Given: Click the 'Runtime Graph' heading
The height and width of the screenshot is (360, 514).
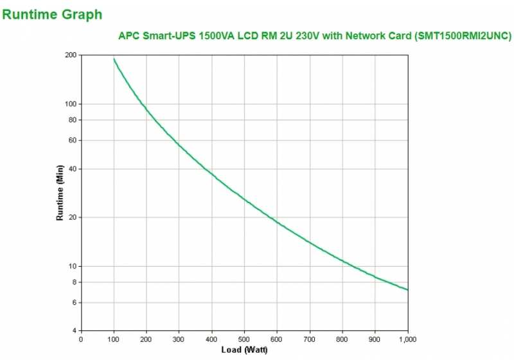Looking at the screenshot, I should click(52, 14).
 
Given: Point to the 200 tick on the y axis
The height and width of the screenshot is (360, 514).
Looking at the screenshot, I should click(71, 55).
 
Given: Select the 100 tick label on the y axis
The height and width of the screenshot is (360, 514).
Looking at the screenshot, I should click(71, 104).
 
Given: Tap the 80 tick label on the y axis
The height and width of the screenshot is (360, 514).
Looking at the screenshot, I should click(73, 120).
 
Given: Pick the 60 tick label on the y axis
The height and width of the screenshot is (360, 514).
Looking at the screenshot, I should click(73, 140).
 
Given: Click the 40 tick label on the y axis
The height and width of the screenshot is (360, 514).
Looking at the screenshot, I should click(73, 169).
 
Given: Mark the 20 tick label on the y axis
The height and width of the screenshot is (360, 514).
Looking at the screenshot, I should click(73, 217).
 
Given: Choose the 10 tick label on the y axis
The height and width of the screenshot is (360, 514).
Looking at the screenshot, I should click(73, 266).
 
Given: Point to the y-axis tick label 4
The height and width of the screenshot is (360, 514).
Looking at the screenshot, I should click(75, 330).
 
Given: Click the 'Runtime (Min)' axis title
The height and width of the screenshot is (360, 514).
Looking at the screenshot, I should click(60, 193).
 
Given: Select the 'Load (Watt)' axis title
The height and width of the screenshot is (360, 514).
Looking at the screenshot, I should click(245, 350).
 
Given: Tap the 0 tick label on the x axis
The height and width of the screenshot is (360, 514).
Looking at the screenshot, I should click(80, 339).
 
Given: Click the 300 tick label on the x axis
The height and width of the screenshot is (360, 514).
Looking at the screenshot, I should click(179, 339).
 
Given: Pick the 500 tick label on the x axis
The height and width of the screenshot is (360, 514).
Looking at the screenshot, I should click(244, 339).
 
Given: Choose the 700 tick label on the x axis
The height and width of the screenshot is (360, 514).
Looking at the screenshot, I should click(310, 339).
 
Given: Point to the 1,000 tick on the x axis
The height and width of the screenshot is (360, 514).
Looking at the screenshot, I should click(407, 339).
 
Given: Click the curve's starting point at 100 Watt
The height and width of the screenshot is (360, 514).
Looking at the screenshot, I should click(114, 59).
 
